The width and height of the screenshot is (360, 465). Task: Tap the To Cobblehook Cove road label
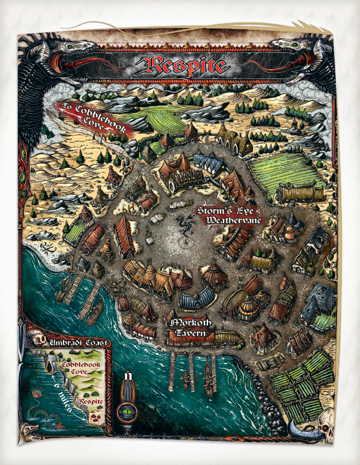point(93,118)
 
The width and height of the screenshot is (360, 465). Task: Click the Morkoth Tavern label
point(190,329)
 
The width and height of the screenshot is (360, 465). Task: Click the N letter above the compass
point(128,375)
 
